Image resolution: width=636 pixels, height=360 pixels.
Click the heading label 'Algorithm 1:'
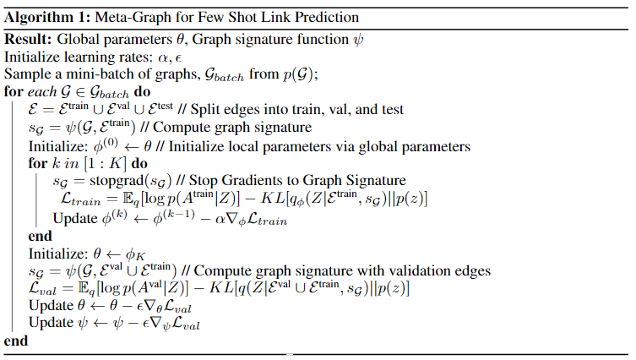[x=47, y=18]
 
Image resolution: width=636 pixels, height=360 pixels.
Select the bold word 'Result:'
[x=28, y=39]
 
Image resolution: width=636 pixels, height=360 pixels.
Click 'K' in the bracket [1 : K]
[x=115, y=163]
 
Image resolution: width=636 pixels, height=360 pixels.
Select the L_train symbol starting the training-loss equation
[x=81, y=199]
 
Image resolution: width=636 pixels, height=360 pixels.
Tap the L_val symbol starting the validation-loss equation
[x=42, y=288]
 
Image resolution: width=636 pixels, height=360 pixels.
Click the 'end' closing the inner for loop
[x=41, y=236]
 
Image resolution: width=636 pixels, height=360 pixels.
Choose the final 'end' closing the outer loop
[x=16, y=341]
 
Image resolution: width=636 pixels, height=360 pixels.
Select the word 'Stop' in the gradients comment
[x=204, y=181]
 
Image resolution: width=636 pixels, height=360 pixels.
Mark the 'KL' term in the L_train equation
[x=273, y=199]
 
